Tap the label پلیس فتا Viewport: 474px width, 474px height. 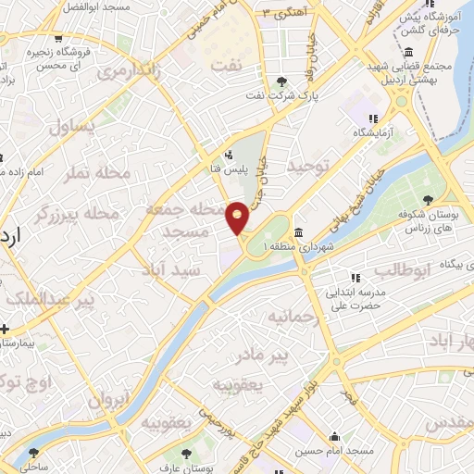227,169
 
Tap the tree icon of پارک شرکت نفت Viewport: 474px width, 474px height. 282,81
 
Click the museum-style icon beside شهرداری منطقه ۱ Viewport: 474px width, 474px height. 298,232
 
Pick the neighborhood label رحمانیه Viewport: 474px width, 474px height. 293,319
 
